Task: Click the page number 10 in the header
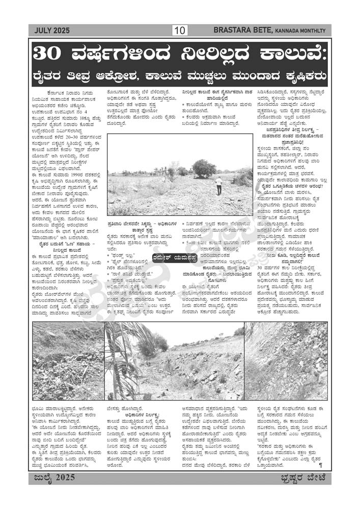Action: pyautogui.click(x=180, y=31)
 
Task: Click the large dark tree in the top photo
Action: pyautogui.click(x=204, y=167)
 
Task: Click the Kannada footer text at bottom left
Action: pyautogui.click(x=51, y=477)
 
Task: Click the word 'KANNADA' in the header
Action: pyautogui.click(x=290, y=31)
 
